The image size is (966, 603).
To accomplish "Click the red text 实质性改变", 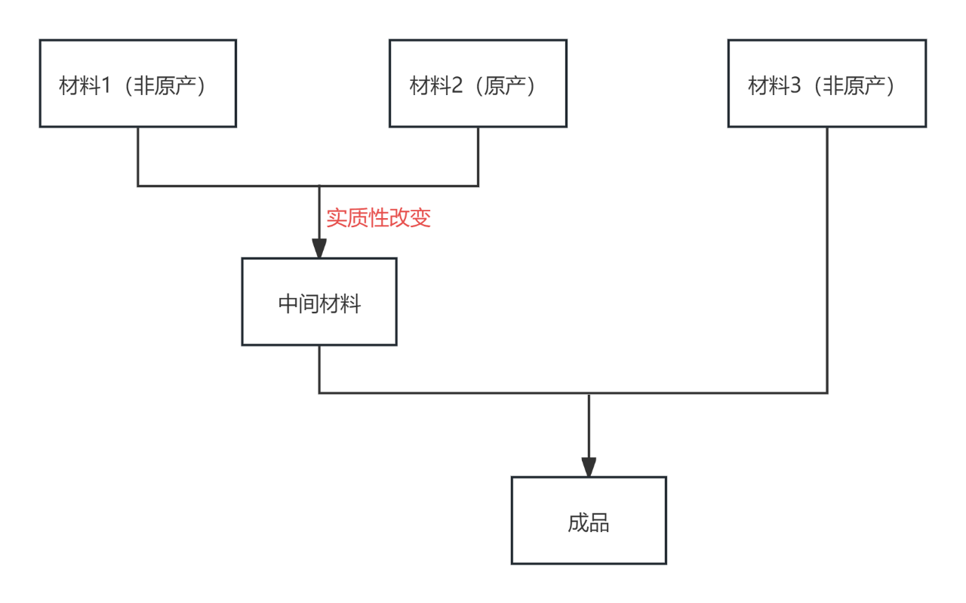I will [x=378, y=219].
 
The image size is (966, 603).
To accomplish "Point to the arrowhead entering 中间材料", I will [x=319, y=248].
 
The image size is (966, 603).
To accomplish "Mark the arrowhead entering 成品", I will [x=589, y=467].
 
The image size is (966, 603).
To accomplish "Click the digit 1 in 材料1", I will [x=106, y=86].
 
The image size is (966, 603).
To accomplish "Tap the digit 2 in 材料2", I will [x=457, y=86].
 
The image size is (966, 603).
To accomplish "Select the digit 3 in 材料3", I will [x=795, y=86].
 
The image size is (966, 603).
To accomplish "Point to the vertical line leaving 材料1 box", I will [x=137, y=156].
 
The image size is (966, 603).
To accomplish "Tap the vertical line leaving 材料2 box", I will [x=478, y=156].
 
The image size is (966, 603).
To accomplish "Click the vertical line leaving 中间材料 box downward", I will [x=319, y=369].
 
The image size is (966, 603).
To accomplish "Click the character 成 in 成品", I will [x=578, y=523].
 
